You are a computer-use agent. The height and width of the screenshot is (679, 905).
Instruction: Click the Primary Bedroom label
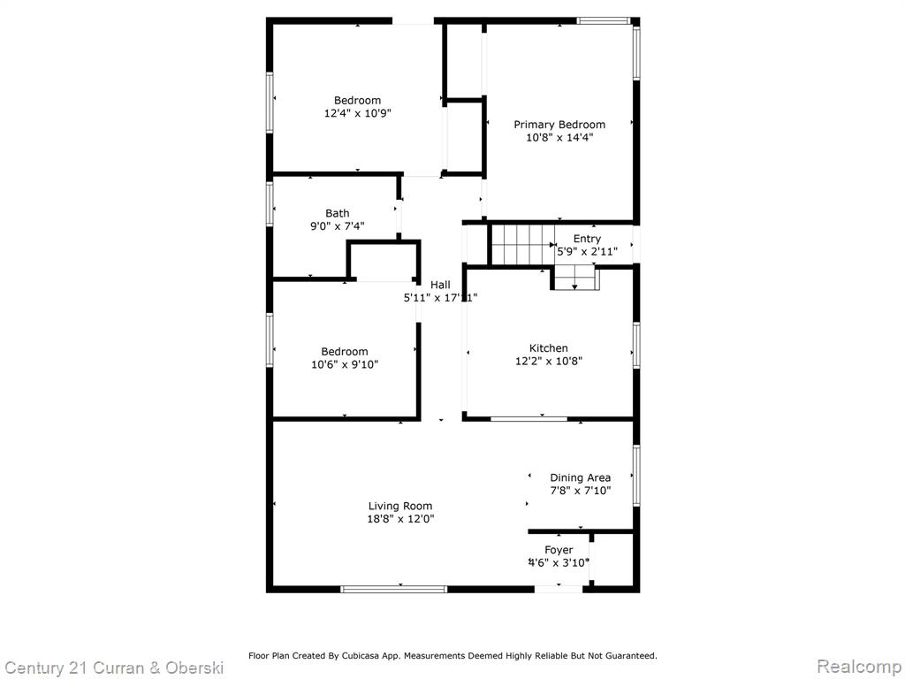[x=559, y=125]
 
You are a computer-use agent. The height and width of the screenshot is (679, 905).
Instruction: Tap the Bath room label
[x=337, y=214]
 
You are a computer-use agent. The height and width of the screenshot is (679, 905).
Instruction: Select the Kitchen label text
[x=548, y=348]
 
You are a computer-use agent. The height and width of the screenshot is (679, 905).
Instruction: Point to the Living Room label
[x=400, y=507]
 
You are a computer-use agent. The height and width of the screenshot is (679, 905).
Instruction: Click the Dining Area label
[x=580, y=477]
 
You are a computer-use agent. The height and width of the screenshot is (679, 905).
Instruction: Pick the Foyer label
[x=559, y=550]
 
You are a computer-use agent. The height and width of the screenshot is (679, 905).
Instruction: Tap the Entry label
[x=587, y=239]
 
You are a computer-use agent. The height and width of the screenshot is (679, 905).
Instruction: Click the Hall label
[x=440, y=285]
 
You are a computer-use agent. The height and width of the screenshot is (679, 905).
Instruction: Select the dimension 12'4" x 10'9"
[x=358, y=114]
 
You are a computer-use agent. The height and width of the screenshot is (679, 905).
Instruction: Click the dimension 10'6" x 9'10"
[x=345, y=365]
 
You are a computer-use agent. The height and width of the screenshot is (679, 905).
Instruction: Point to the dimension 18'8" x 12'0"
[x=400, y=519]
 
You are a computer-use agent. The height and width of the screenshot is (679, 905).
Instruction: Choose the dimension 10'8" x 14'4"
[x=559, y=138]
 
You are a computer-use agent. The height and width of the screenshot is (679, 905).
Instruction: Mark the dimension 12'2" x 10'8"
[x=548, y=362]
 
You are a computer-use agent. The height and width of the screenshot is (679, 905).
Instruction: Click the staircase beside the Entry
[x=522, y=245]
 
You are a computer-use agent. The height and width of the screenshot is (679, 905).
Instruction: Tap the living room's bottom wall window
[x=393, y=590]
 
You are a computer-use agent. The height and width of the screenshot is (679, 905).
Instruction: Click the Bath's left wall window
[x=270, y=203]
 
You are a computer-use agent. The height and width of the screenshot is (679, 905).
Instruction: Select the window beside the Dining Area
[x=636, y=476]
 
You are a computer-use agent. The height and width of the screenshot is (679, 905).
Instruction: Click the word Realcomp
[x=859, y=666]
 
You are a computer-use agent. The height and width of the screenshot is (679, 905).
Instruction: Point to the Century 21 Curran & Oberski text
[x=114, y=668]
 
